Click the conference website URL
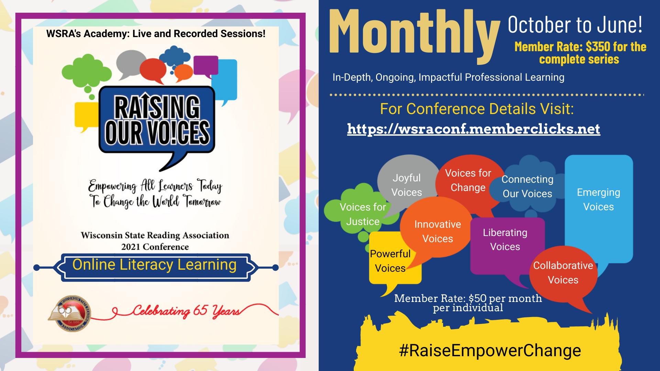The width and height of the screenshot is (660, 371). coord(473,129)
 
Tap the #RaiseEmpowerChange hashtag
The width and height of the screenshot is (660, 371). coord(490,350)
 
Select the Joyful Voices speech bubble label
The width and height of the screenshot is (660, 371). coord(407,185)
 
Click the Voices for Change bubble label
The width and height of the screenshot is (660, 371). coord(468,180)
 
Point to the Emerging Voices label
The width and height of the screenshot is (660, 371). coord(598,200)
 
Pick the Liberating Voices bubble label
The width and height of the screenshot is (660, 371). coord(505,239)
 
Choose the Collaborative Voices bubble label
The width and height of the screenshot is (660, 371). coord(563,273)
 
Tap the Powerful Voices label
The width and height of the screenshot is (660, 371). coord(390,261)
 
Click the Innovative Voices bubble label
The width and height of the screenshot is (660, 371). coord(438,231)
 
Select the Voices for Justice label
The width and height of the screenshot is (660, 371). coord(363,214)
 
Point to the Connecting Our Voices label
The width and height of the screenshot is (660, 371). coord(527,187)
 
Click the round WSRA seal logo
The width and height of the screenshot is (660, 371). coord(69,313)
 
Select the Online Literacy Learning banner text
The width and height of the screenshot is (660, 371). coord(154,265)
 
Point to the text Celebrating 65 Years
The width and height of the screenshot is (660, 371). coord(186,311)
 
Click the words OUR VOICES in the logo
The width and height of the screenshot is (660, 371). coord(157,133)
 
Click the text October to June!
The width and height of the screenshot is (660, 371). coord(575,25)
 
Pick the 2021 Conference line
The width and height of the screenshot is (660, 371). coord(155,247)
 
